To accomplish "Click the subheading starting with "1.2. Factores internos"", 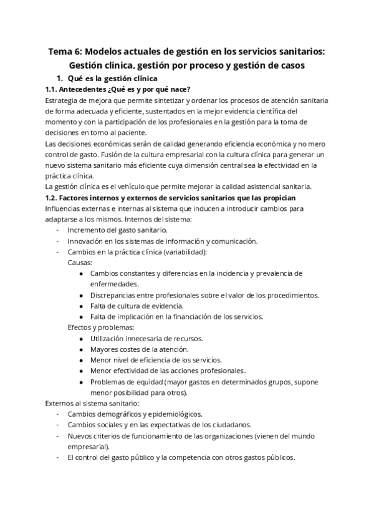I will coord(175,198).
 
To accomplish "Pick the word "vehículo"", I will coord(131,187).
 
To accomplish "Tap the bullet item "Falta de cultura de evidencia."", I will coord(137,306).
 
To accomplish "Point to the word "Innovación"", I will coord(87,241).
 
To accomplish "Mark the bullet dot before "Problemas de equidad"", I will coord(82,382).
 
